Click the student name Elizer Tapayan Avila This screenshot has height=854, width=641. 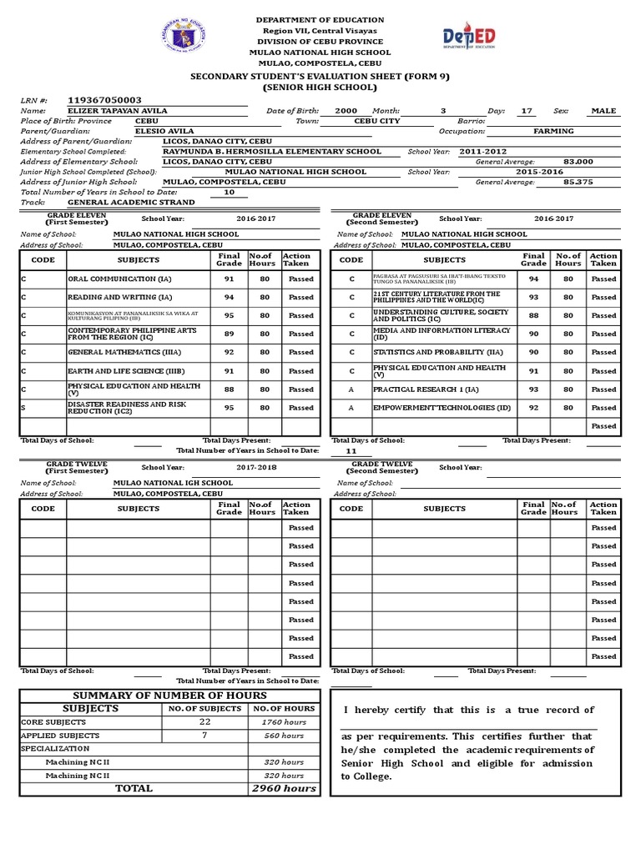point(117,111)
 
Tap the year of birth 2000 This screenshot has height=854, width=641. point(346,111)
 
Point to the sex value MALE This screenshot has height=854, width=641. point(603,111)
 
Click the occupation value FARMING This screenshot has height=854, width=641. point(553,132)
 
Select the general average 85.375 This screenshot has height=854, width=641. point(578,182)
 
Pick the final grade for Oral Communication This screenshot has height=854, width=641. point(229,279)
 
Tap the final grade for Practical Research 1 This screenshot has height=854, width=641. point(533,389)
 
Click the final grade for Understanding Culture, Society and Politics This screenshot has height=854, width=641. point(533,316)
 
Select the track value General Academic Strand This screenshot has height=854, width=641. point(130,203)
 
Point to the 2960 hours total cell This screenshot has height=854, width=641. point(284,788)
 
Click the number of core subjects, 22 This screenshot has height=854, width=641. point(204,721)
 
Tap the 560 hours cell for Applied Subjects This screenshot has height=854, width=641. point(284,736)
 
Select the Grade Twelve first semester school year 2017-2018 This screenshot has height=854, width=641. point(257,468)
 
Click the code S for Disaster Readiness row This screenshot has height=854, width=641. point(23,408)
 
